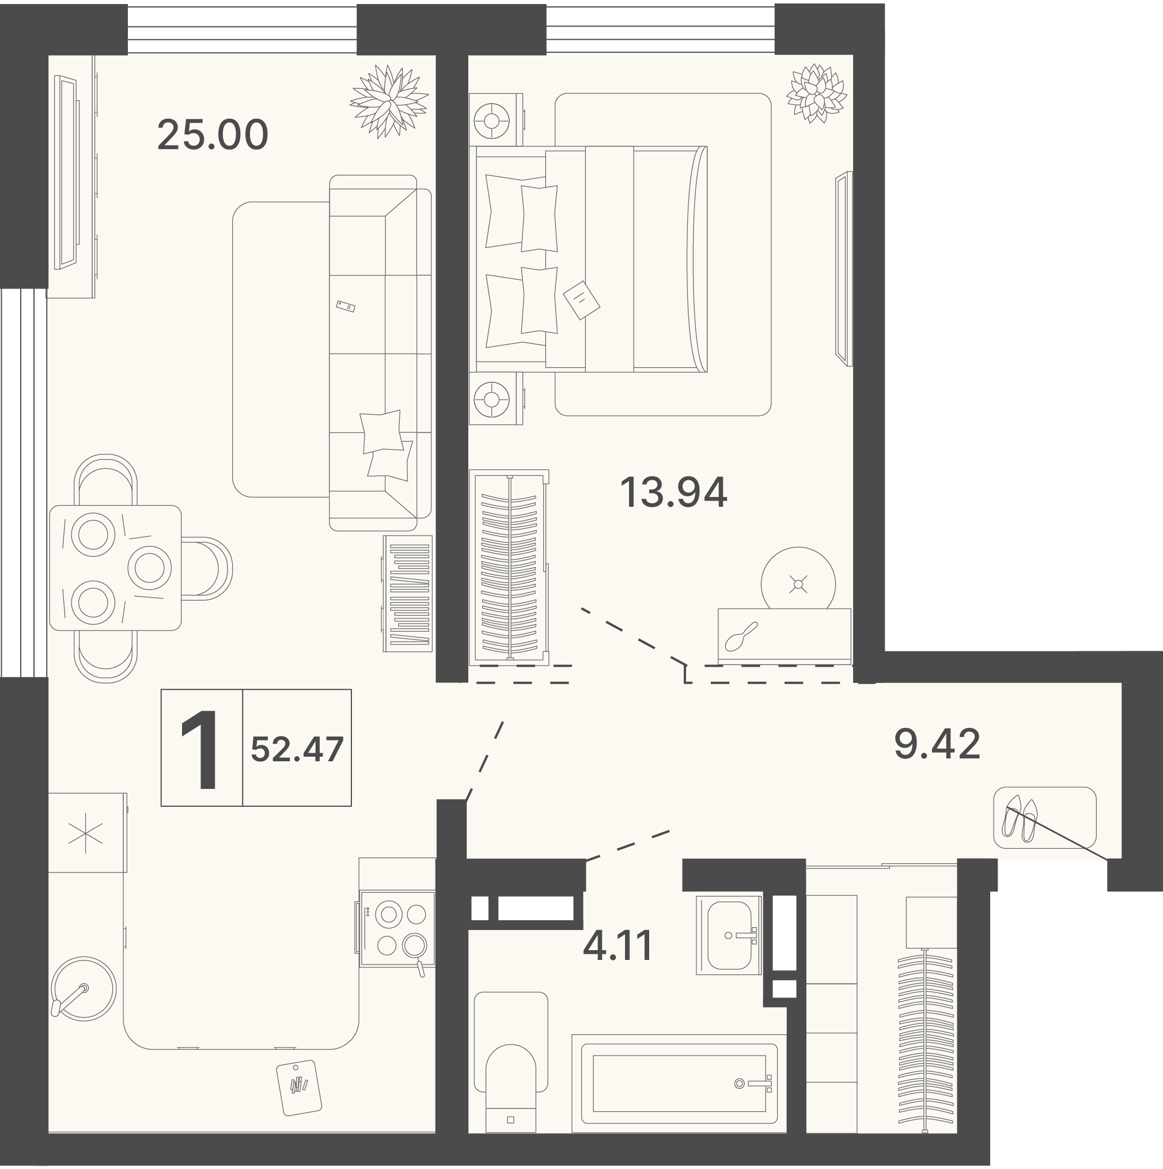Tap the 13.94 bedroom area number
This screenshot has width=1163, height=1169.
click(673, 492)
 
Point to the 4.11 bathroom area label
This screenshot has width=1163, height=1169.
click(618, 945)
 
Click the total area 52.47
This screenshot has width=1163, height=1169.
click(297, 749)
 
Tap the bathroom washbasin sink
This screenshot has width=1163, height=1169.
click(729, 935)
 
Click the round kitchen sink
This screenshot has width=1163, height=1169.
click(83, 989)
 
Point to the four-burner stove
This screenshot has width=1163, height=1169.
click(397, 929)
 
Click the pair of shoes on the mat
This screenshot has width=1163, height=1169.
click(1021, 819)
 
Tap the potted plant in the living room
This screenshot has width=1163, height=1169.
click(389, 101)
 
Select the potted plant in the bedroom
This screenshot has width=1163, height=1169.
click(816, 93)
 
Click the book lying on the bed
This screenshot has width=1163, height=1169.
click(581, 299)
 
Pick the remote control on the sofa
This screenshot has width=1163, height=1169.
click(346, 306)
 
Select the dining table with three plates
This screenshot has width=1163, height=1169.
click(115, 568)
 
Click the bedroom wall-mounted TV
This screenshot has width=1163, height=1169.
click(843, 269)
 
